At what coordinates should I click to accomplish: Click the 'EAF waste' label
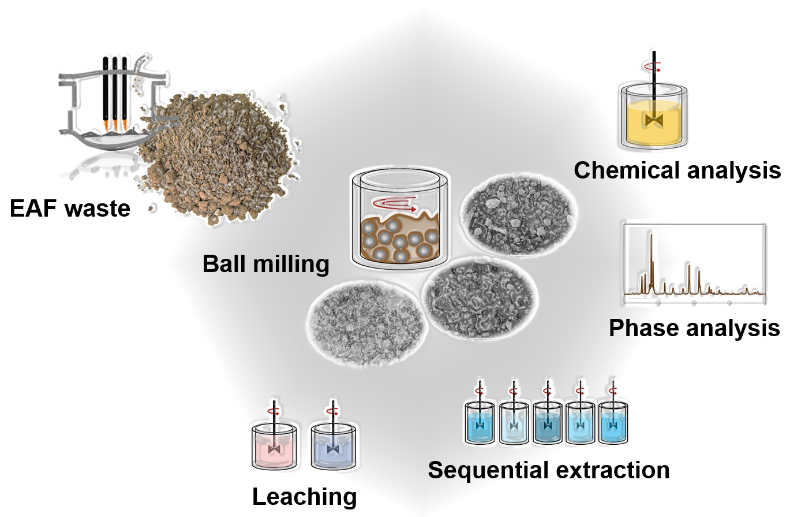(70, 208)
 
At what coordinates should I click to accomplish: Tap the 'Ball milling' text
(265, 264)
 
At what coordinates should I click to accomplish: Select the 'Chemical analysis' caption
(677, 170)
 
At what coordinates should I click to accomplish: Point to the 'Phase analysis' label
(694, 328)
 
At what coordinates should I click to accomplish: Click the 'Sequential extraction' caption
(548, 470)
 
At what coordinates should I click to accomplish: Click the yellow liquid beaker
(653, 121)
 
